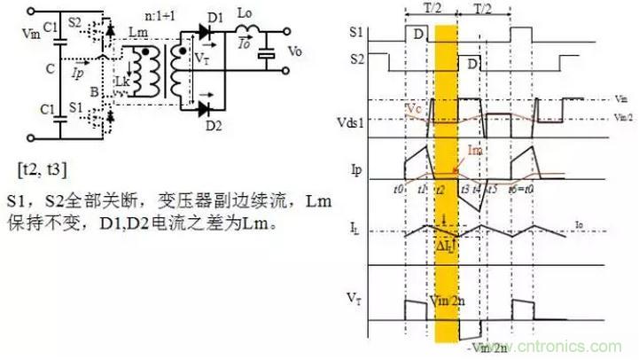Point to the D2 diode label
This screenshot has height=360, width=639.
(213, 125)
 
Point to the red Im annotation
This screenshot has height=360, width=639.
(476, 152)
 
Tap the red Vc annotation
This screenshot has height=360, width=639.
(414, 107)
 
